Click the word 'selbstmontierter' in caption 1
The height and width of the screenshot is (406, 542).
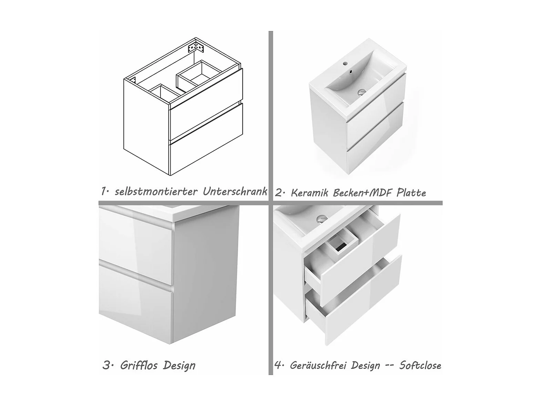click(156, 191)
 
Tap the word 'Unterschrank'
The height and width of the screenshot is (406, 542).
click(235, 191)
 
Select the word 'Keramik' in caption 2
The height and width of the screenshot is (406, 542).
click(310, 192)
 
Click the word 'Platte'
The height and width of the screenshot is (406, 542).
click(411, 192)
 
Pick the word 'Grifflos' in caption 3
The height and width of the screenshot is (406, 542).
click(139, 365)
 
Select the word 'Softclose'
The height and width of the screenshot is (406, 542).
click(420, 365)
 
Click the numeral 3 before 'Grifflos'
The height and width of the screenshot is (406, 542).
click(106, 366)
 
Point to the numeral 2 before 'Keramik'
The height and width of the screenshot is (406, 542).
click(278, 193)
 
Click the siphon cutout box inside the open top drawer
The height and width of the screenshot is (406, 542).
click(342, 240)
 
